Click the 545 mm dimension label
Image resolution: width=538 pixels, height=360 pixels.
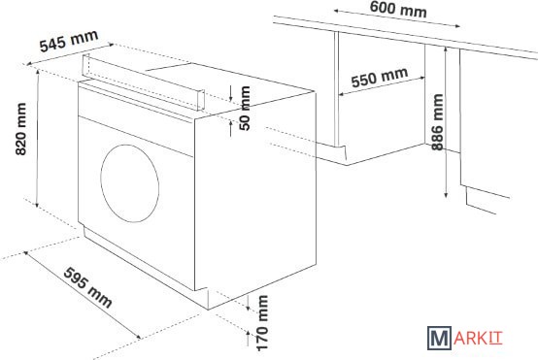pos(69,41)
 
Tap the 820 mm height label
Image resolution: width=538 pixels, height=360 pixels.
pos(21,129)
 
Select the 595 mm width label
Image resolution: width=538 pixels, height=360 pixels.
pos(87,286)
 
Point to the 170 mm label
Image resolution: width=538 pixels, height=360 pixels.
pos(262,323)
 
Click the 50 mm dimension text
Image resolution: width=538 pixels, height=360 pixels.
pos(245,109)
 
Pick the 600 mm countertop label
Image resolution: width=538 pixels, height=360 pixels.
pos(398,10)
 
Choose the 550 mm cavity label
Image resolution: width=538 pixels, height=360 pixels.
pos(380,78)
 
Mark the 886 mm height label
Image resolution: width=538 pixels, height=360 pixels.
pos(437,122)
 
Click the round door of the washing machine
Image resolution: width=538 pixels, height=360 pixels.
pos(130,183)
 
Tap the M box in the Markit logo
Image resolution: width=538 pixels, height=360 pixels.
pos(439,338)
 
